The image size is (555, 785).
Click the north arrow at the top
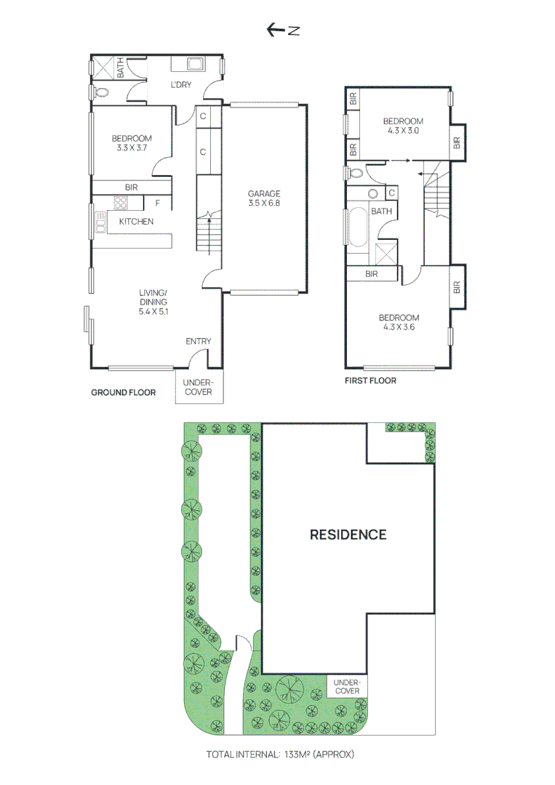click(283, 30)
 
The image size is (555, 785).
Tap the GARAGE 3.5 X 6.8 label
click(263, 198)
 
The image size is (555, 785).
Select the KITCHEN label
click(136, 222)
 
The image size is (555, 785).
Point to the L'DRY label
click(181, 86)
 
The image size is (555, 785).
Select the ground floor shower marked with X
click(103, 67)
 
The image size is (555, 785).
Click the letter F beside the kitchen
click(156, 203)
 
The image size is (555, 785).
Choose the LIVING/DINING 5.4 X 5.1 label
click(153, 302)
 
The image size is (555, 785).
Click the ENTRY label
click(198, 342)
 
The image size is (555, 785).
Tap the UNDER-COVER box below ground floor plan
click(198, 387)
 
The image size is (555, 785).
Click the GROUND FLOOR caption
click(123, 392)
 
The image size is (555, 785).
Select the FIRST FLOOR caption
click(370, 381)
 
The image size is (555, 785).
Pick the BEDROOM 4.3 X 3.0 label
click(403, 126)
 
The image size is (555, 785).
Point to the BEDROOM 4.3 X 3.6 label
click(399, 323)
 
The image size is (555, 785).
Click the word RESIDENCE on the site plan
click(348, 535)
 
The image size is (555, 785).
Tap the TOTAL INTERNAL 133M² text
click(280, 754)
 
